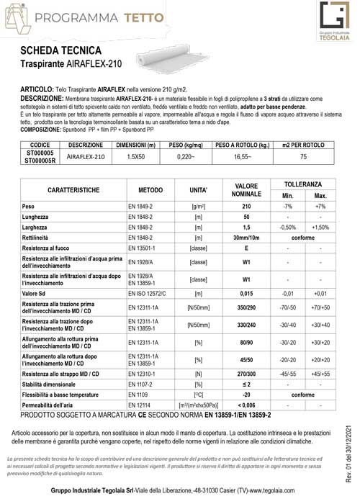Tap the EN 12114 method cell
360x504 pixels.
(x=138, y=408)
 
